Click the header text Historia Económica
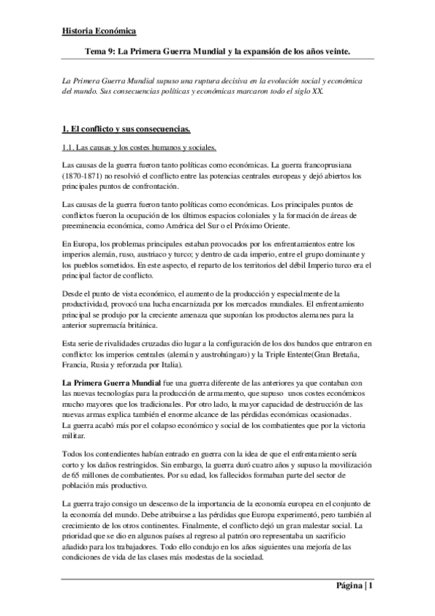point(98,31)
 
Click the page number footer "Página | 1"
point(354,585)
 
